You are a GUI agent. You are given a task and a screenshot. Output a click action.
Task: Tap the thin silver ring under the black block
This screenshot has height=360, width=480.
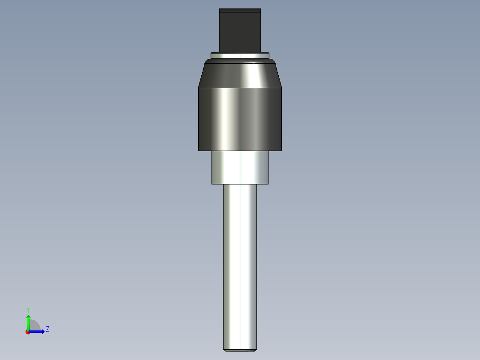tap(240, 56)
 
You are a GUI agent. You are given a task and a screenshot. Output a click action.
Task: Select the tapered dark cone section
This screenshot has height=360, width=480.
tap(240, 74)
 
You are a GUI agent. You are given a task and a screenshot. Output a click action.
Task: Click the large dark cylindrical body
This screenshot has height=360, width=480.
tap(240, 119)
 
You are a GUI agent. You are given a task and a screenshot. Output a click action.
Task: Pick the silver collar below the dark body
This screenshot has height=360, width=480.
tap(240, 167)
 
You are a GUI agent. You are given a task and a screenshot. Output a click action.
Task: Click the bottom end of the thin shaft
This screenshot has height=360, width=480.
tap(240, 349)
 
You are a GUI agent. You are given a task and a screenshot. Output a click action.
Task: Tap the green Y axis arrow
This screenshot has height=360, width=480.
tap(28, 320)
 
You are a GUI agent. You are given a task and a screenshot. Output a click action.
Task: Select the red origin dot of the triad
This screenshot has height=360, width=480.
tap(28, 332)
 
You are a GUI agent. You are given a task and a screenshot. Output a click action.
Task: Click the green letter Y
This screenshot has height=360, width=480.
tap(28, 309)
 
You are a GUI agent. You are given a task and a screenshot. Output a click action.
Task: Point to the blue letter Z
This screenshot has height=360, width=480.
tap(48, 329)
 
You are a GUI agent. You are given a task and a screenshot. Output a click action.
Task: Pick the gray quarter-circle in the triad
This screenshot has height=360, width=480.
tap(35, 326)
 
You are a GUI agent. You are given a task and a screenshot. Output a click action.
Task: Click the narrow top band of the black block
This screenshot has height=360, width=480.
tap(240, 10)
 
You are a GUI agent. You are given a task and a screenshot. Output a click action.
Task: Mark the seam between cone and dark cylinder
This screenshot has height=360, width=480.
tap(240, 88)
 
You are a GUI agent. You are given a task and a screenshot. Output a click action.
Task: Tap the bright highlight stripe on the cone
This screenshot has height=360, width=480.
tap(249, 74)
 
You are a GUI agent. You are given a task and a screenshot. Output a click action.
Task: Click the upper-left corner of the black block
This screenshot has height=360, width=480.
tap(220, 9)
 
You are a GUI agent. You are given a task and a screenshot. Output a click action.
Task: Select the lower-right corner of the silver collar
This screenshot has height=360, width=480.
tap(268, 183)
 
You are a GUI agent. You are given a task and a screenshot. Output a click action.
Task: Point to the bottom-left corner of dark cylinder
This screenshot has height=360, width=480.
tap(199, 150)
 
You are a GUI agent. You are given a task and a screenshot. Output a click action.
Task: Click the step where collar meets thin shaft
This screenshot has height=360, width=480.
tap(240, 184)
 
